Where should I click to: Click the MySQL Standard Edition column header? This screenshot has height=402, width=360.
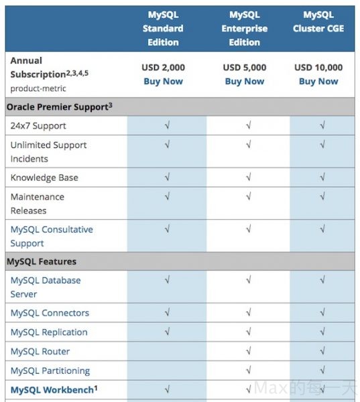click(162, 28)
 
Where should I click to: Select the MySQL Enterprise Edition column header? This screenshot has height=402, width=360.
click(245, 28)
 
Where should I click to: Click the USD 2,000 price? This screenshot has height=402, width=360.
click(163, 67)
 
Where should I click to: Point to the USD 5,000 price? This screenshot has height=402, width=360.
click(245, 67)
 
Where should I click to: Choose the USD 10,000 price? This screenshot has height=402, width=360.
click(318, 67)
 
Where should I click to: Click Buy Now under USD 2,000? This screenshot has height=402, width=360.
click(163, 81)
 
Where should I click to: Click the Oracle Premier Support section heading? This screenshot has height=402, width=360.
click(59, 107)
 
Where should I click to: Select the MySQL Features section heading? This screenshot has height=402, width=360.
click(42, 261)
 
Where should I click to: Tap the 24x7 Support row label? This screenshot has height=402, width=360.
click(38, 126)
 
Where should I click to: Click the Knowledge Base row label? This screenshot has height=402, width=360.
click(44, 178)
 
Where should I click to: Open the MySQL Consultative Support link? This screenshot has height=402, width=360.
click(52, 236)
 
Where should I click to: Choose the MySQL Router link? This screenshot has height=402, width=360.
click(40, 351)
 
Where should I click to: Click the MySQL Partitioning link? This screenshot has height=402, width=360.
click(50, 371)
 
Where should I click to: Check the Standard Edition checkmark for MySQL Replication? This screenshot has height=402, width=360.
click(167, 332)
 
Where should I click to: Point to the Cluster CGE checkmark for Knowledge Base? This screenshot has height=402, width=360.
click(322, 178)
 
